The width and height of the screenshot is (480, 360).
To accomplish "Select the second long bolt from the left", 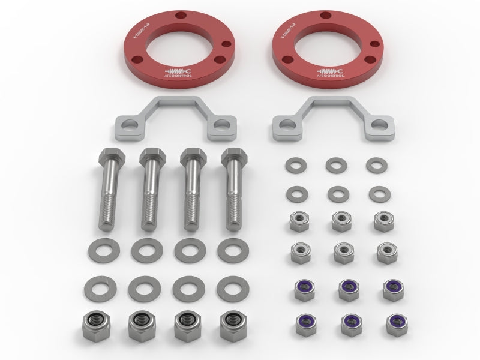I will click(x=152, y=189).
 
